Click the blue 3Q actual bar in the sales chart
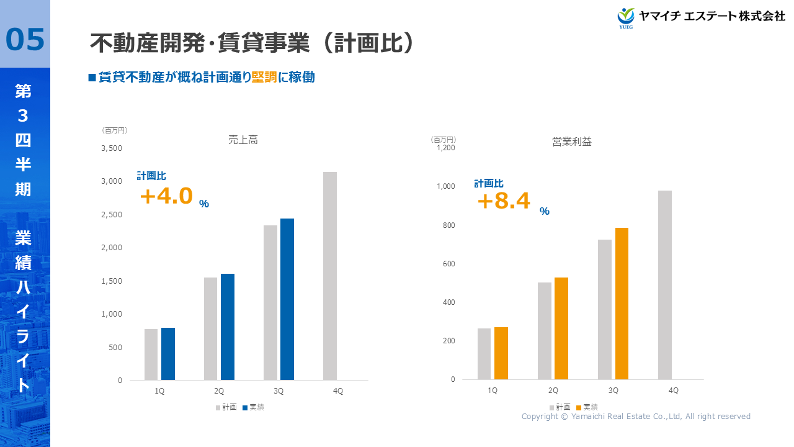pos(287,299)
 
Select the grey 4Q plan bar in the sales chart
pos(330,276)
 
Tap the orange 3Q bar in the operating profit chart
pos(622,304)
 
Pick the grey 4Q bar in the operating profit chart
pos(665,285)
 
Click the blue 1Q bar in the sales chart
pos(168,354)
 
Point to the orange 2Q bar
pos(561,328)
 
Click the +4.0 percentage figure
pos(167,196)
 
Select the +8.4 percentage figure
pos(504,201)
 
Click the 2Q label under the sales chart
pos(219,391)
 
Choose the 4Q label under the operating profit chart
pos(673,391)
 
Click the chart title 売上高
pos(243,140)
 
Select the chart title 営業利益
pos(572,142)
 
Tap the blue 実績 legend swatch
pos(245,408)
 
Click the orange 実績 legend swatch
pos(579,407)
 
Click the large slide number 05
pos(25,40)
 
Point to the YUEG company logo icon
pos(626,17)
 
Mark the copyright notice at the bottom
pos(636,417)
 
